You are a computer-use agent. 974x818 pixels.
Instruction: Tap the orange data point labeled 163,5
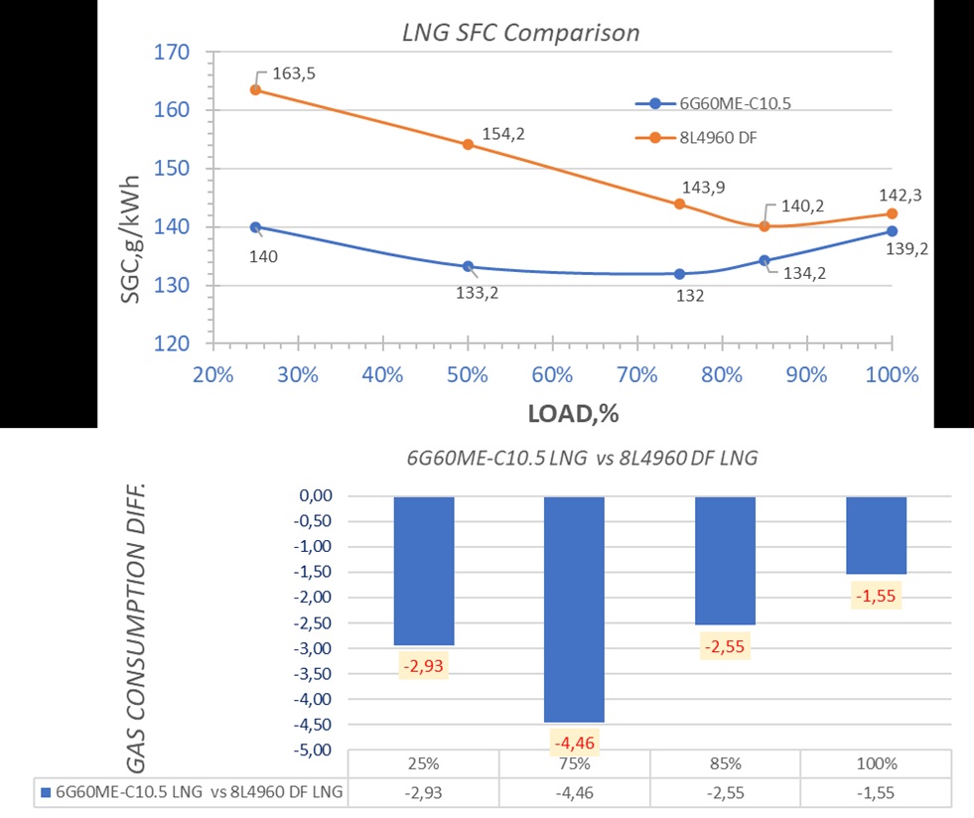click(x=255, y=89)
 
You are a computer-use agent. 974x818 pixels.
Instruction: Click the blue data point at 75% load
click(x=679, y=273)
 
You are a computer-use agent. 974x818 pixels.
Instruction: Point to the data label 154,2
click(x=503, y=133)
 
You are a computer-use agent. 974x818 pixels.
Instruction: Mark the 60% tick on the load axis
click(x=552, y=375)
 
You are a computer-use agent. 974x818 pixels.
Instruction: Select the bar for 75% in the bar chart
click(x=574, y=609)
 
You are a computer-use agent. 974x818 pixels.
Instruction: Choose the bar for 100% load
click(x=876, y=535)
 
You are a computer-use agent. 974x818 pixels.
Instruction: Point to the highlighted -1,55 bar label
click(x=876, y=596)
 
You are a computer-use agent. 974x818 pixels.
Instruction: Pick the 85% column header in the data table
click(x=725, y=766)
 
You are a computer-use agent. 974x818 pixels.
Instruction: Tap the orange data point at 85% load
click(x=765, y=226)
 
